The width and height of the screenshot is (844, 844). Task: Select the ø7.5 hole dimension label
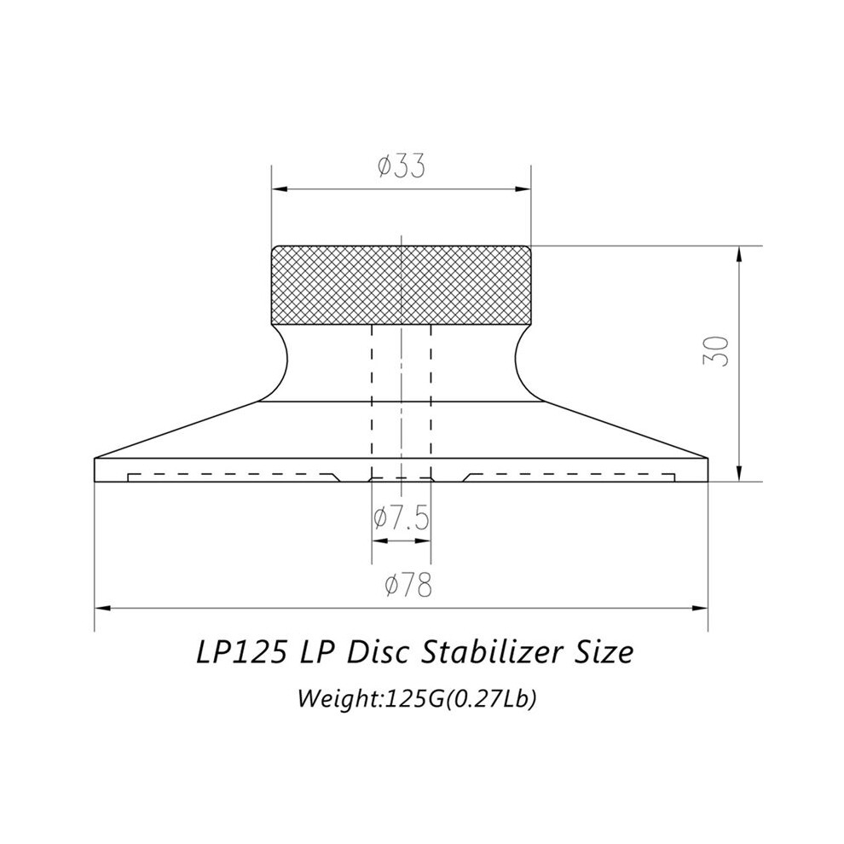[402, 518]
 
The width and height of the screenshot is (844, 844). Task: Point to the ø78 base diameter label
[408, 585]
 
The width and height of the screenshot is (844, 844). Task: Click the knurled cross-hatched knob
[402, 286]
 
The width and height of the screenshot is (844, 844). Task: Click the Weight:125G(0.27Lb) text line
[417, 699]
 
